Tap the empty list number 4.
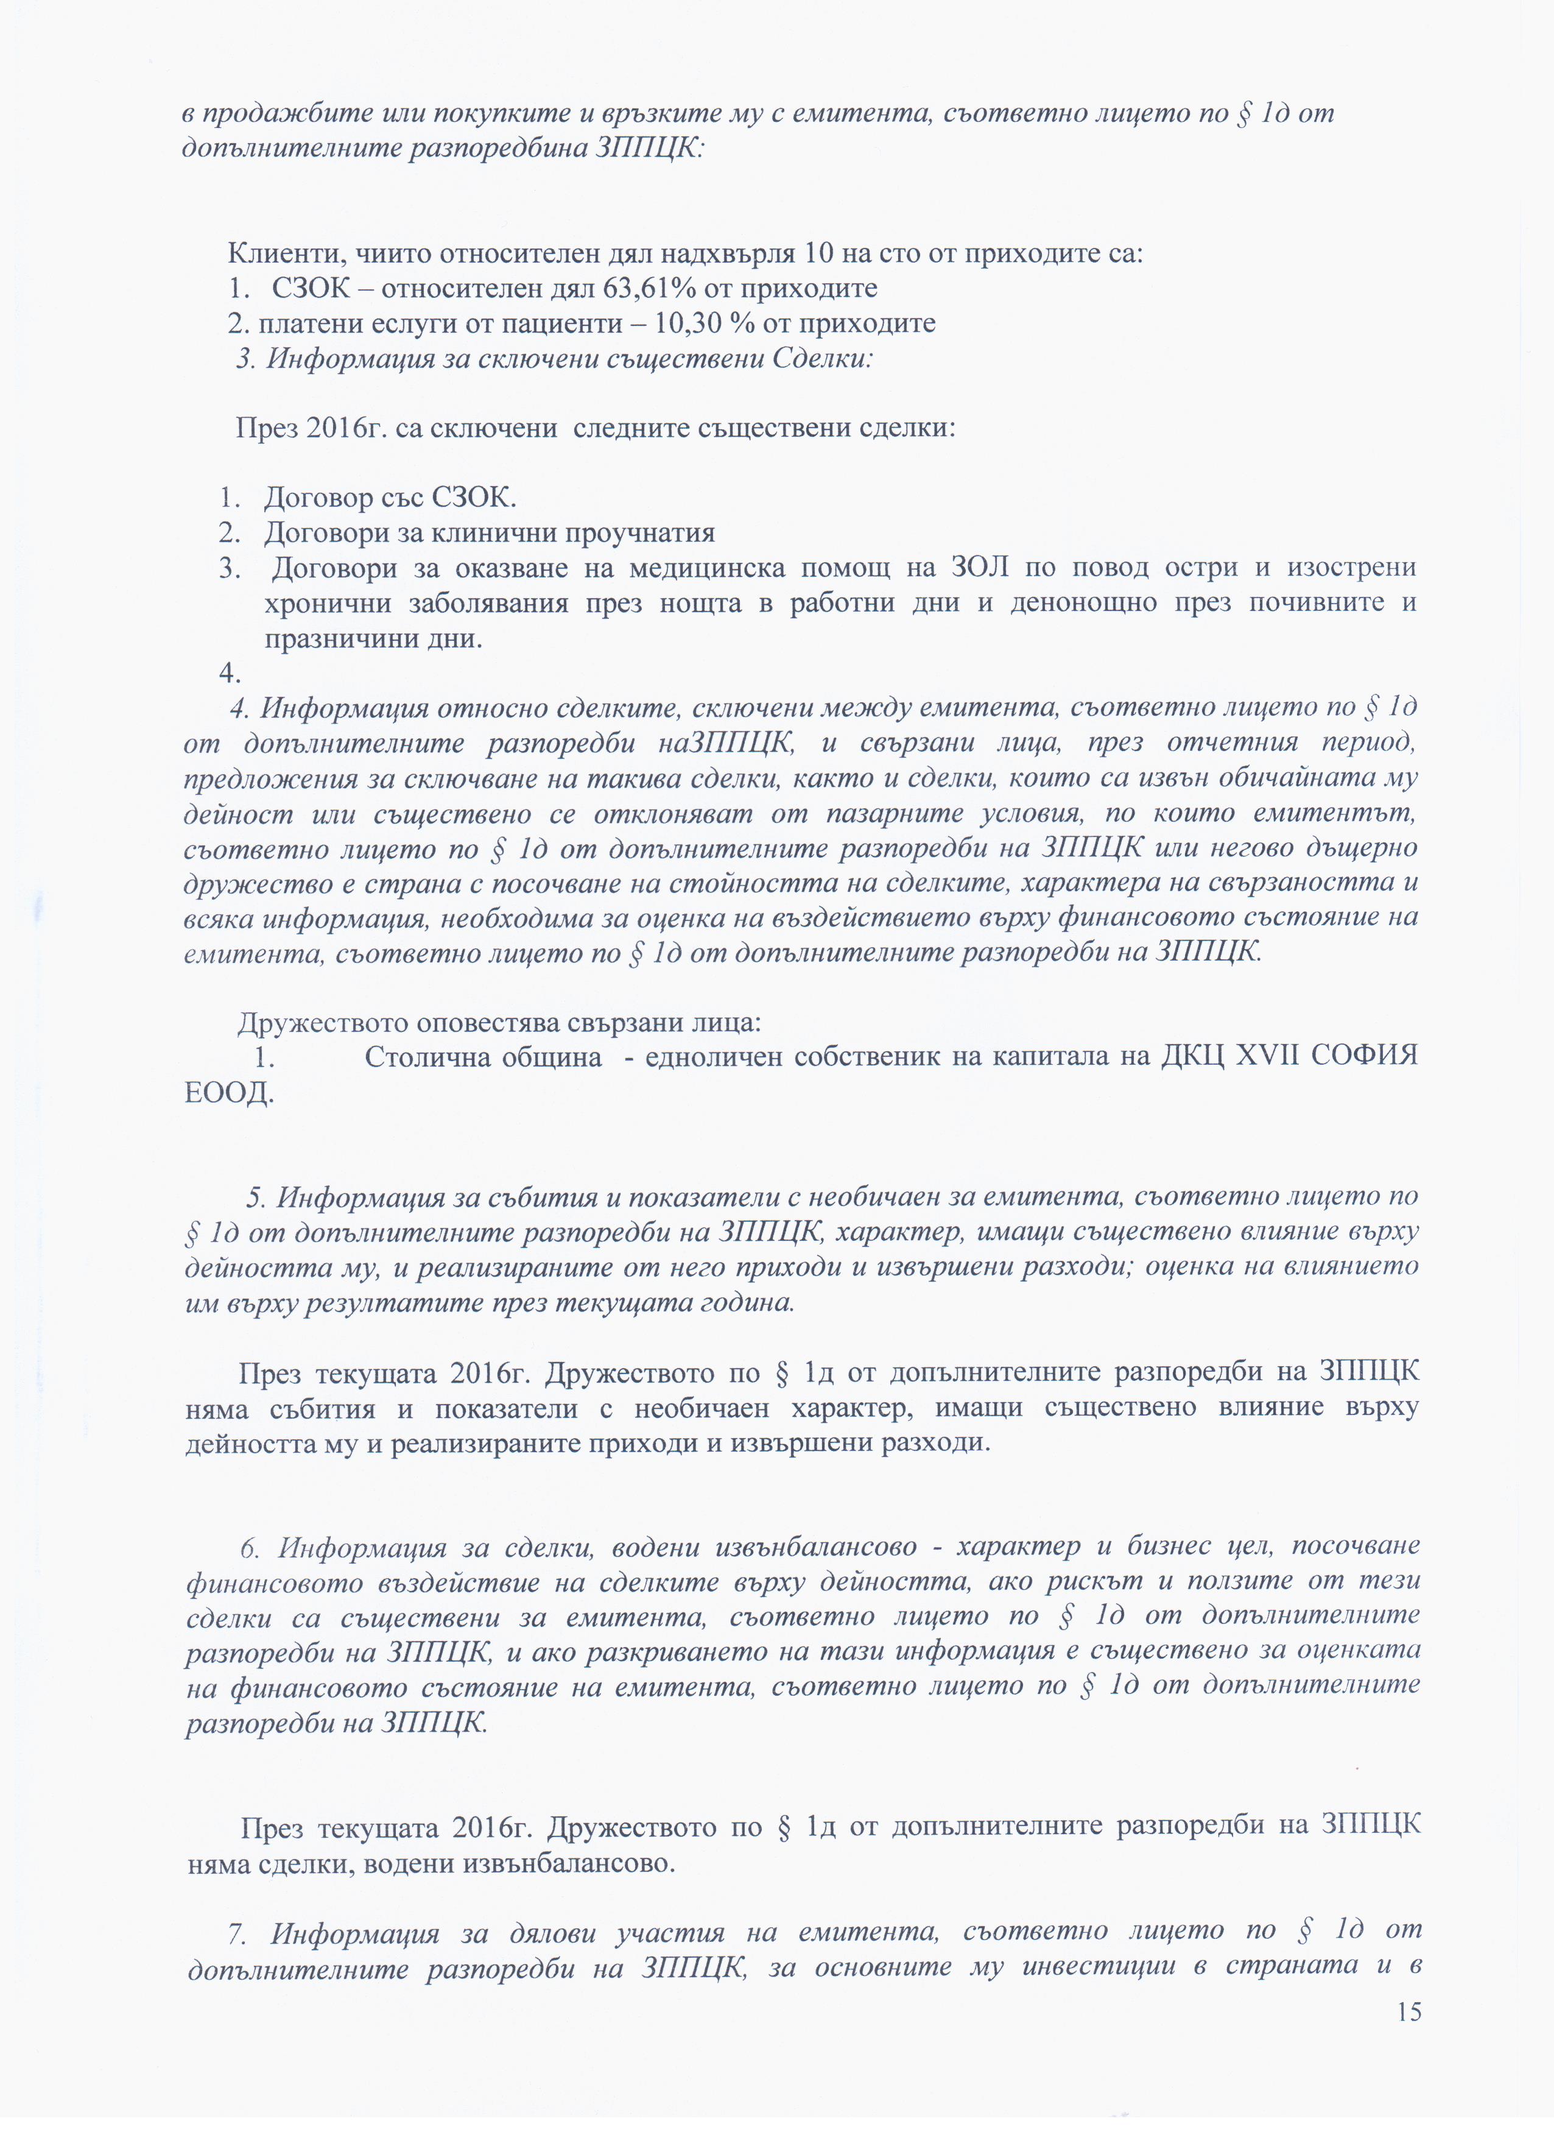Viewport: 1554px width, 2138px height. (229, 673)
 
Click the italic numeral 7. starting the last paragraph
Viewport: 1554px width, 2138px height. (236, 1933)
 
